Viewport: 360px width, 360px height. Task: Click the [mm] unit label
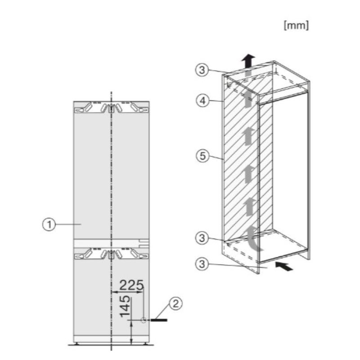[296, 25]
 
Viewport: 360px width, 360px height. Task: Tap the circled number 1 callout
[49, 224]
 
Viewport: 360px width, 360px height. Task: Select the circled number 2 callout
[175, 304]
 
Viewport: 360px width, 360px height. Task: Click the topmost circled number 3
[202, 70]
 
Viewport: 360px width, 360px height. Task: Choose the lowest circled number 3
[202, 264]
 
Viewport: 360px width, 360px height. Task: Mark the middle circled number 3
[202, 238]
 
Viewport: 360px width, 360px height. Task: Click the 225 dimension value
[132, 285]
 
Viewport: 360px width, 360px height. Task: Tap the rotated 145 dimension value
[125, 306]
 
